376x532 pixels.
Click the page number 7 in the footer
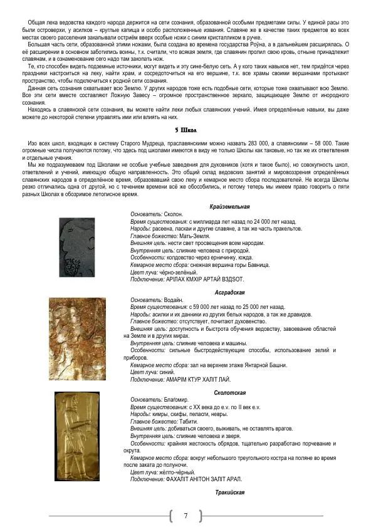point(186,516)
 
